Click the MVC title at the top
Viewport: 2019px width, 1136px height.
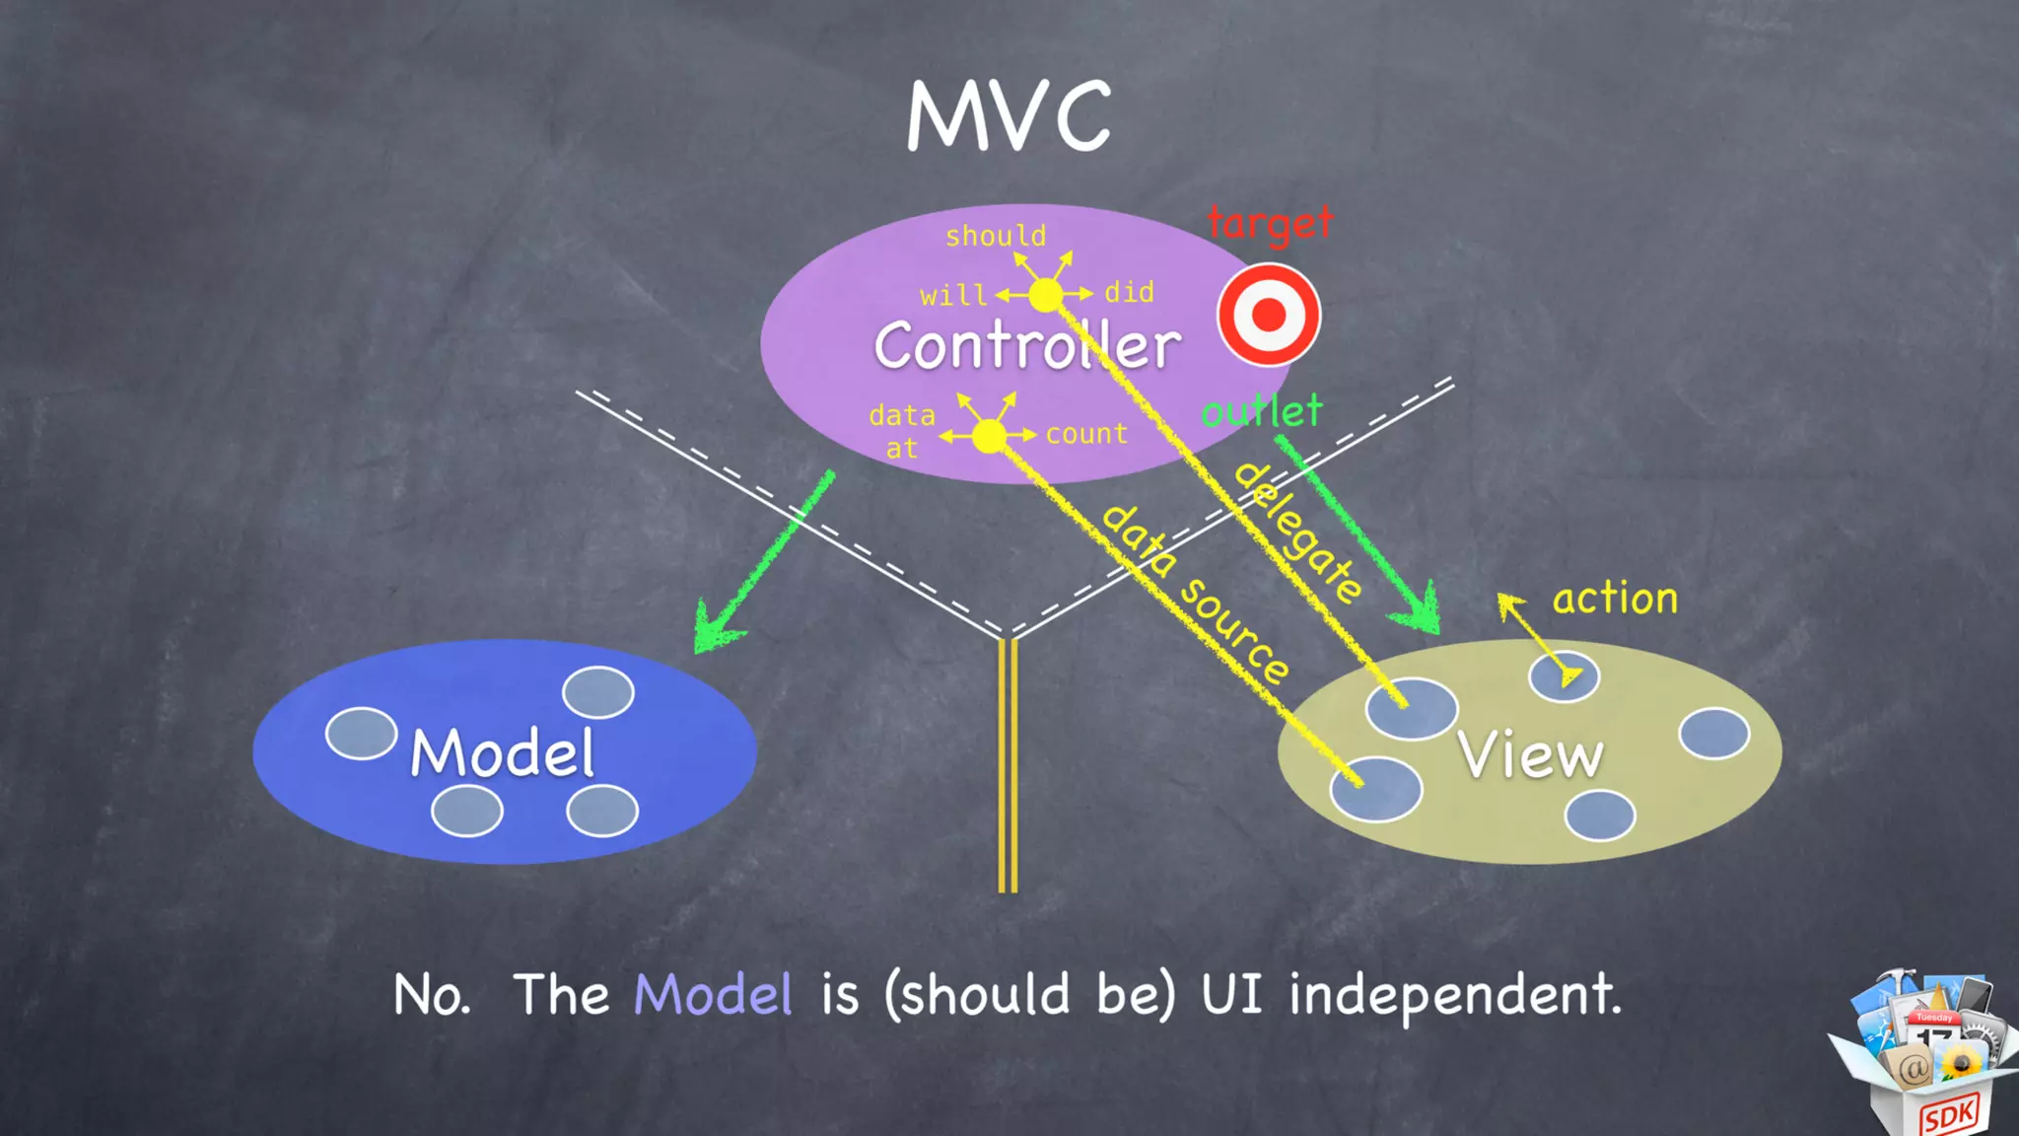pyautogui.click(x=1009, y=116)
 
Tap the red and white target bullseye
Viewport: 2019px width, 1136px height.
pyautogui.click(x=1269, y=316)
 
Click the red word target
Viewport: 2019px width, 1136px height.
pyautogui.click(x=1270, y=224)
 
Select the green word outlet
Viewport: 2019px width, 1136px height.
pyautogui.click(x=1262, y=410)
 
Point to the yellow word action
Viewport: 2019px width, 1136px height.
pyautogui.click(x=1615, y=599)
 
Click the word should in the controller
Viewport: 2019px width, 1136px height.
pyautogui.click(x=996, y=237)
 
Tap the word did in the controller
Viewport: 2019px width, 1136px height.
pyautogui.click(x=1129, y=293)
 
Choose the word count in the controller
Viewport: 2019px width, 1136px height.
pyautogui.click(x=1086, y=434)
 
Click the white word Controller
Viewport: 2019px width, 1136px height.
pyautogui.click(x=1027, y=346)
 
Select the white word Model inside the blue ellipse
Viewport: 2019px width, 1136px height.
pyautogui.click(x=503, y=753)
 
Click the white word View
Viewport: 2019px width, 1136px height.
pyautogui.click(x=1531, y=755)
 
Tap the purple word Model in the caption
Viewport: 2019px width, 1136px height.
pyautogui.click(x=713, y=994)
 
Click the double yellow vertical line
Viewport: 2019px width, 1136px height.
pyautogui.click(x=1008, y=765)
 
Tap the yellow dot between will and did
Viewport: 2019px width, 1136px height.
pyautogui.click(x=1046, y=294)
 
